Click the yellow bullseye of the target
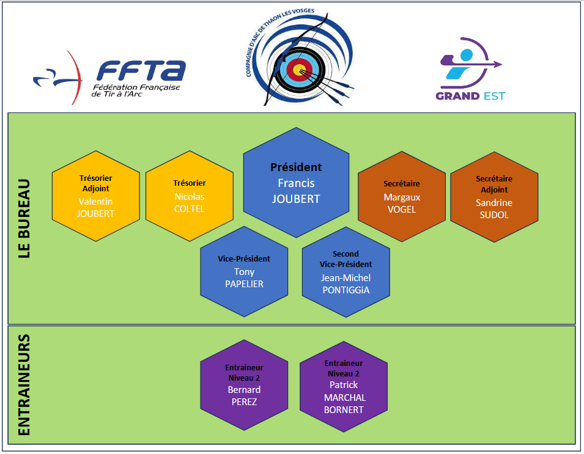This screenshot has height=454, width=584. [x=298, y=70]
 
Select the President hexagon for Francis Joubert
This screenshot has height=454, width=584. [x=297, y=182]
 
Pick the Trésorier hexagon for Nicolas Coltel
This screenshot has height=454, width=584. [x=190, y=196]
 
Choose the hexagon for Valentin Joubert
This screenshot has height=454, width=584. [x=96, y=196]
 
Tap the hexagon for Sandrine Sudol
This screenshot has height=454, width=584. [x=494, y=196]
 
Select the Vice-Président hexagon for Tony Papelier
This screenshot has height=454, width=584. [x=244, y=271]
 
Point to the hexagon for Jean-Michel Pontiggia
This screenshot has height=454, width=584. [x=346, y=271]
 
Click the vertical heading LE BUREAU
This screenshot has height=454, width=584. [x=24, y=218]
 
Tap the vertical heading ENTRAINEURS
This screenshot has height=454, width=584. [x=24, y=385]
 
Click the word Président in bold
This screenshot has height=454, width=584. [x=296, y=167]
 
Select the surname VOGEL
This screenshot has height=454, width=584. [x=401, y=210]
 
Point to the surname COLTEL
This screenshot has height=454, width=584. [x=190, y=209]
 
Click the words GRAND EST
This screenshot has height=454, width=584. [x=470, y=96]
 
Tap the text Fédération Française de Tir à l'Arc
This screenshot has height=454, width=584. [x=135, y=91]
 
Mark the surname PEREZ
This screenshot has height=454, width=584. [x=244, y=402]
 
